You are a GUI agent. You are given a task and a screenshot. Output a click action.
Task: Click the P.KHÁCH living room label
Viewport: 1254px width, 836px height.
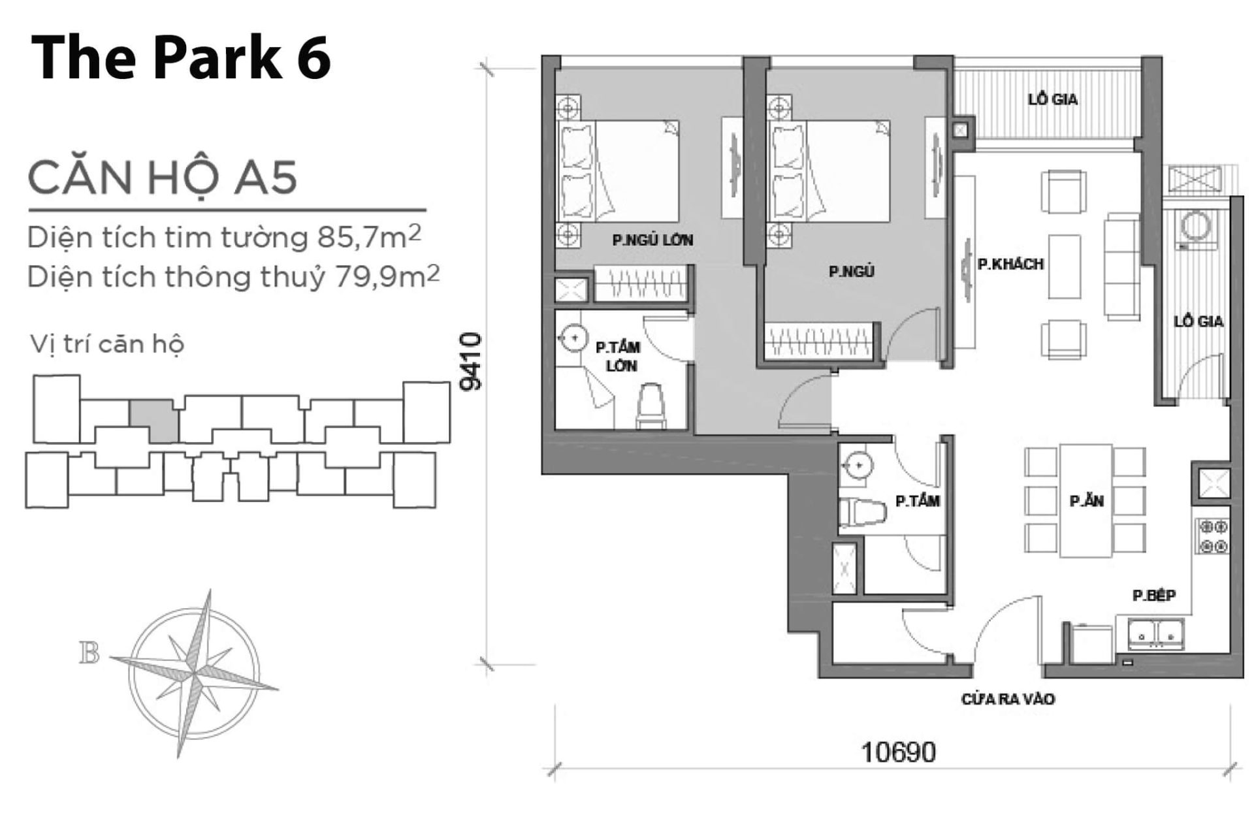coord(1010,265)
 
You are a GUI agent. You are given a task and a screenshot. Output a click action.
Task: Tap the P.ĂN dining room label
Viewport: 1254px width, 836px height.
coord(1086,501)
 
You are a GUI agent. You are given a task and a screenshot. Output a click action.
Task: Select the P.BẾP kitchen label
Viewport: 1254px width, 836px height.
coord(1154,596)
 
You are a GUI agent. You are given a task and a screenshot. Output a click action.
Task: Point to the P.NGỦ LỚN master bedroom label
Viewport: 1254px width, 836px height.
coord(652,240)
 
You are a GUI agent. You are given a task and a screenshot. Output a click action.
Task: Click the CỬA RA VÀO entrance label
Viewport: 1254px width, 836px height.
coord(1008,699)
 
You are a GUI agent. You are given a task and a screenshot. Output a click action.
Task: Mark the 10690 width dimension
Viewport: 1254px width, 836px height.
coord(899,752)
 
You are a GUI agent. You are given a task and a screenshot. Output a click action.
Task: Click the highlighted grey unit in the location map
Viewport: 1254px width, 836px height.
coord(153,419)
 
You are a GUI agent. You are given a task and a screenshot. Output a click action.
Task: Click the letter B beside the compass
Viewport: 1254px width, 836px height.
coord(89,653)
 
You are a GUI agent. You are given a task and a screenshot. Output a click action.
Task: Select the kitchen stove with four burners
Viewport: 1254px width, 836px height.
coord(1213,536)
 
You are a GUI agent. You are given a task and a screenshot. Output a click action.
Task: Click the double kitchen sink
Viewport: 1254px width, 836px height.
coord(1155,634)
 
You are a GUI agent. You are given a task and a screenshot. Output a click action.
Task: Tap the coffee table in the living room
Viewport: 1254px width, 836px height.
coord(1065,267)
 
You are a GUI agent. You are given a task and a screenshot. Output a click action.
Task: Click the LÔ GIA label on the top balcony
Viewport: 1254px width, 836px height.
coord(1052,100)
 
